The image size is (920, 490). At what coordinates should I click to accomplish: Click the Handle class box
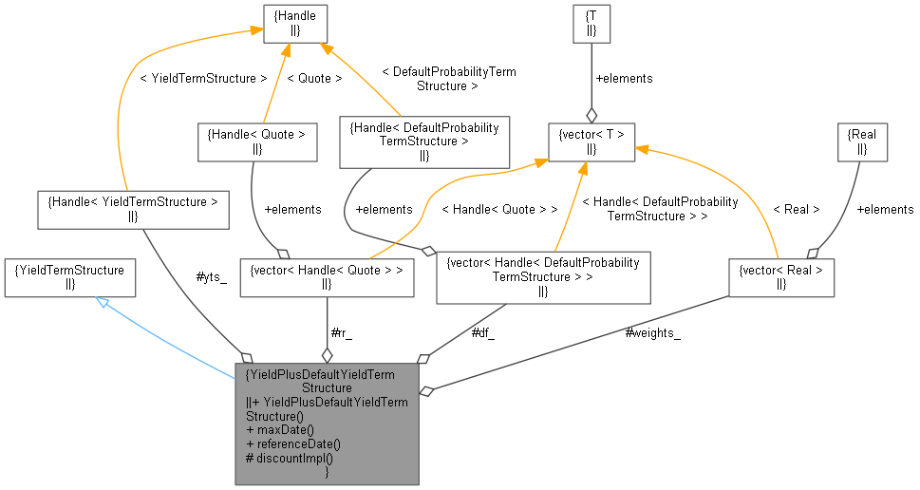point(295,23)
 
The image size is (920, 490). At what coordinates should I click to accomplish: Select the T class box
point(591,23)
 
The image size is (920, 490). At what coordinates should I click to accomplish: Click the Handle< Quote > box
point(255,141)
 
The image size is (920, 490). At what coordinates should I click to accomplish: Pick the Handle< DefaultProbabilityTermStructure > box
point(423,141)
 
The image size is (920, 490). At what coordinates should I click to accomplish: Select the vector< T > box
point(591,141)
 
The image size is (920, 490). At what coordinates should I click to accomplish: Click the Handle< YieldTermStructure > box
point(133,209)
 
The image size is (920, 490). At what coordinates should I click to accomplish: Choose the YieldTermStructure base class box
point(69,277)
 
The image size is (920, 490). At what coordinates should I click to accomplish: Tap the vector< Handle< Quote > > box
point(327,277)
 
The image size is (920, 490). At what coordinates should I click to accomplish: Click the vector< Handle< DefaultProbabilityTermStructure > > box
point(543,277)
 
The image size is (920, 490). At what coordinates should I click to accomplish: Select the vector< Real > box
point(781,277)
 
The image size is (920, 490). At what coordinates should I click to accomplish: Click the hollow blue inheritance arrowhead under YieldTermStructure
point(102,302)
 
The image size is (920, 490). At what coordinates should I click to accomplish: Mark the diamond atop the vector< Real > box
point(811,252)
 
